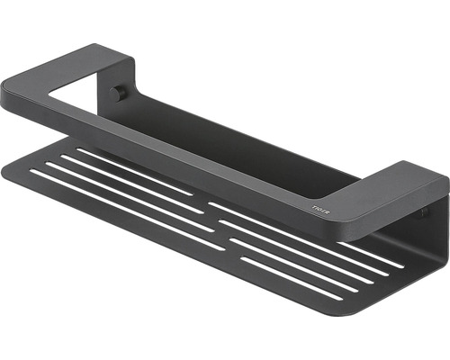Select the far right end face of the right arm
tap(444, 193)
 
